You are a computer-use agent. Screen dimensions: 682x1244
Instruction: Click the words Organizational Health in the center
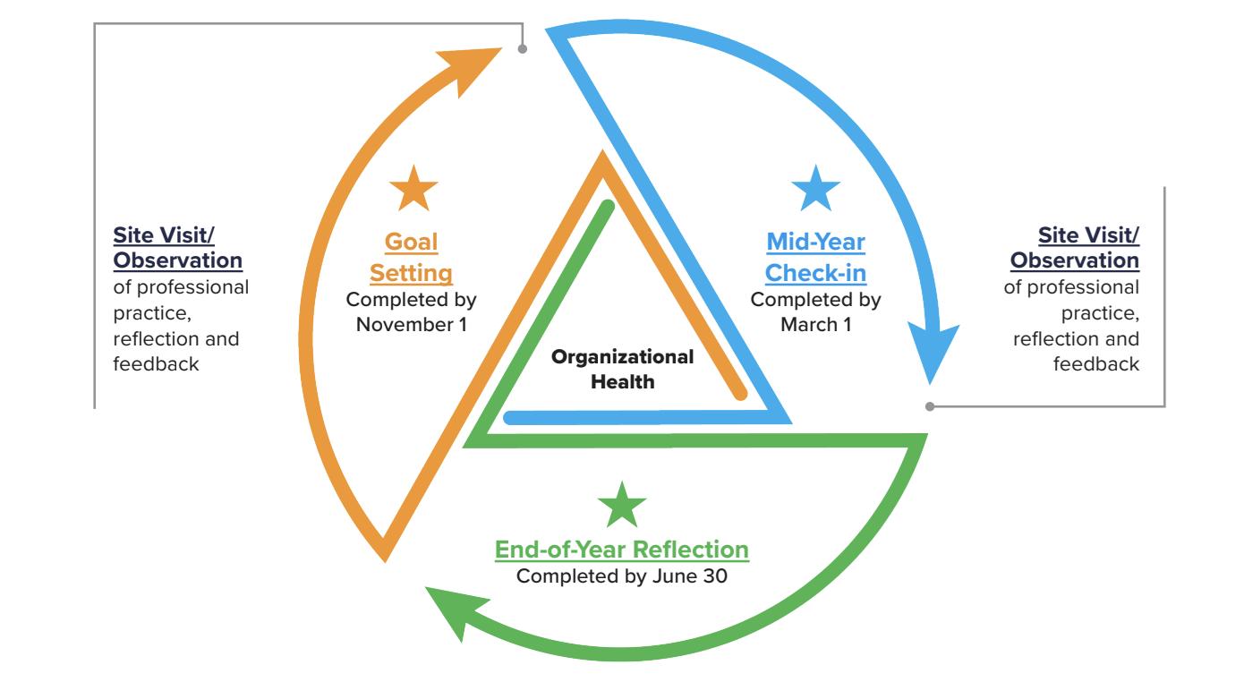click(x=622, y=369)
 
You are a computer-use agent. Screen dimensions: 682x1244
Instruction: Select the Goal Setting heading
click(x=413, y=257)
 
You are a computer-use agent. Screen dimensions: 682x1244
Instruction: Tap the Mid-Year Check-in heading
click(x=815, y=257)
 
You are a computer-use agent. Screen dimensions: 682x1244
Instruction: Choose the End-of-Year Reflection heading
click(x=622, y=549)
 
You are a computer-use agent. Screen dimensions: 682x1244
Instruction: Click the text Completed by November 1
click(x=413, y=311)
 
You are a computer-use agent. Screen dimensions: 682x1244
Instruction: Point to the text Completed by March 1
click(x=815, y=311)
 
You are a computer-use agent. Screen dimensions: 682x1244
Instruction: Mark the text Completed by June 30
click(x=622, y=575)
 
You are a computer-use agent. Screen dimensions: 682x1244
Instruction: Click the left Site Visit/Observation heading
click(x=177, y=247)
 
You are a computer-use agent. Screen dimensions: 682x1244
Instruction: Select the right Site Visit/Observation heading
click(x=1075, y=247)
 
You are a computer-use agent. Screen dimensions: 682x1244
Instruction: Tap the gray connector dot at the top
click(x=523, y=49)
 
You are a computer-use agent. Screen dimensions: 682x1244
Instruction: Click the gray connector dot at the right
click(x=930, y=406)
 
